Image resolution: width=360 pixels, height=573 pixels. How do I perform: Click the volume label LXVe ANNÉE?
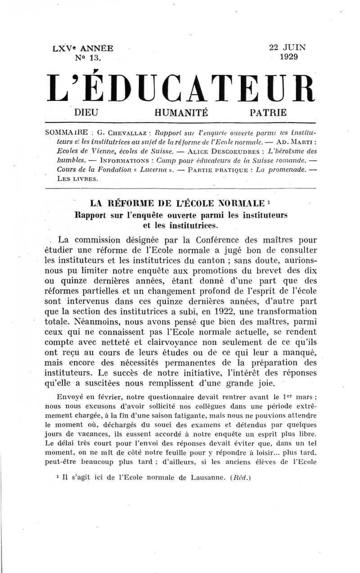83,49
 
